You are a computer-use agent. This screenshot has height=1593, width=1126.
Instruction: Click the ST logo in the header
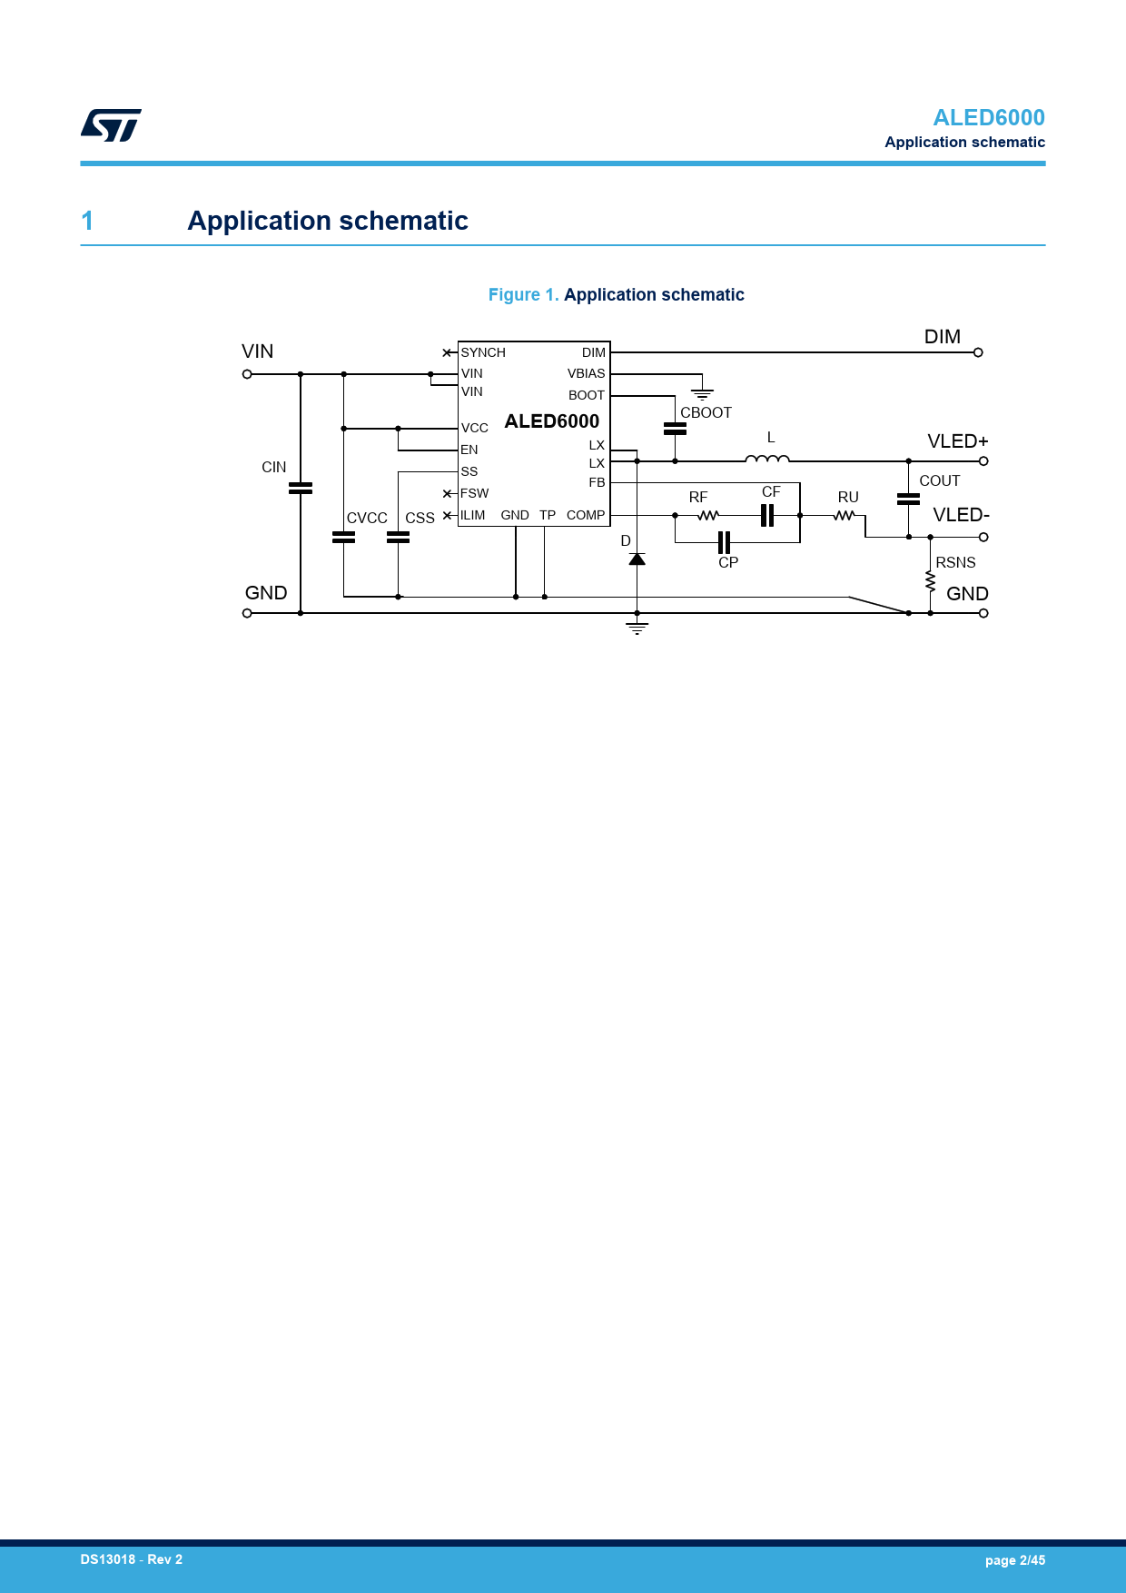coord(111,125)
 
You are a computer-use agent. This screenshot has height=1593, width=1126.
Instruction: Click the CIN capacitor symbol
coord(301,489)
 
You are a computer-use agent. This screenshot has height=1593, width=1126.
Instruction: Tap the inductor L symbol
coord(767,460)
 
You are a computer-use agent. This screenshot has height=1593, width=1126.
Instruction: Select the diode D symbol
coord(637,559)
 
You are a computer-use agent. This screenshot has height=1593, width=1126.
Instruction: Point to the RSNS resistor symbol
coord(930,581)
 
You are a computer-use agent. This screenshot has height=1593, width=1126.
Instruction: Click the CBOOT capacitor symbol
coord(675,429)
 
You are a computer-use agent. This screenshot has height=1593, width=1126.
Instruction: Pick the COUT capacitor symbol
coord(908,499)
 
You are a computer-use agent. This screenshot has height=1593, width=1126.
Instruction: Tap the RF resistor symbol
coord(708,516)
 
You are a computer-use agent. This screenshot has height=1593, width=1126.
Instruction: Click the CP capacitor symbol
coord(724,542)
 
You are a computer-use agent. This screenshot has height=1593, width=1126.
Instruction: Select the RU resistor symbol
coord(844,516)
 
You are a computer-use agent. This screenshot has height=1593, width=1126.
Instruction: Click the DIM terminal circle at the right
coord(978,352)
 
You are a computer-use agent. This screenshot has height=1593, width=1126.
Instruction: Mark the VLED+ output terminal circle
coord(983,461)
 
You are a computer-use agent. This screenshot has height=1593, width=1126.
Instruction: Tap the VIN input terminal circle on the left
coord(247,374)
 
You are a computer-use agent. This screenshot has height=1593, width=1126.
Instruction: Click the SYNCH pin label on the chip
coord(483,352)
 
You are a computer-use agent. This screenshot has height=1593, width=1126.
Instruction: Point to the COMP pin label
coord(586,515)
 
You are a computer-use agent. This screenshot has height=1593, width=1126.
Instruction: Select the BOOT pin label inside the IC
coord(587,395)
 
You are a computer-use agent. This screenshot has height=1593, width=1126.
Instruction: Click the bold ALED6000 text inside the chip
coord(552,421)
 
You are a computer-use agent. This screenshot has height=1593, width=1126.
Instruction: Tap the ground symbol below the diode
coord(637,628)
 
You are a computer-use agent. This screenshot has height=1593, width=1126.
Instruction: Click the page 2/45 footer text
coord(1015,1560)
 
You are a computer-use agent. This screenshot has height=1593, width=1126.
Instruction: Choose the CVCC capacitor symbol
coord(343,538)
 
